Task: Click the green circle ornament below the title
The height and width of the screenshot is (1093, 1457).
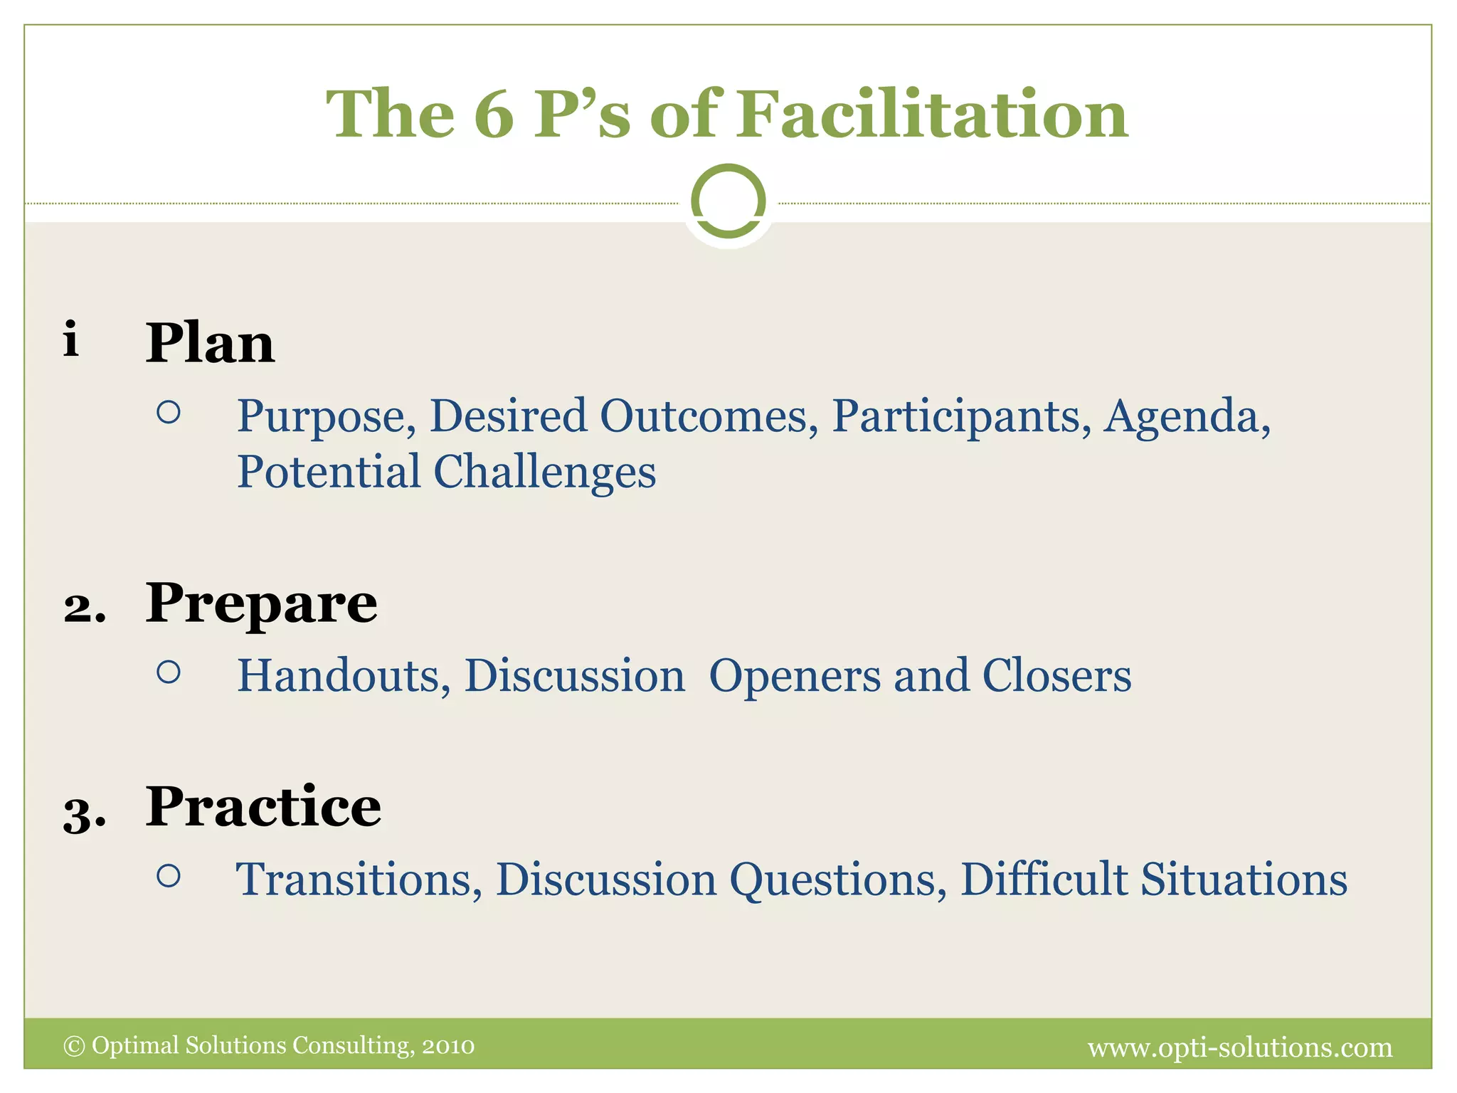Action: coord(728,201)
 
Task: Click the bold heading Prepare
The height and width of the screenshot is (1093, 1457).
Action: coord(261,603)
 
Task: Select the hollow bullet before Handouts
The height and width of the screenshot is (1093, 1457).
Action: coord(169,672)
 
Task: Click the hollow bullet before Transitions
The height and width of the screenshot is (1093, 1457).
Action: coord(169,875)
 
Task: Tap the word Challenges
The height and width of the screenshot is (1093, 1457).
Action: coord(544,472)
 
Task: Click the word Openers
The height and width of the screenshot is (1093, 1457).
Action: coord(795,675)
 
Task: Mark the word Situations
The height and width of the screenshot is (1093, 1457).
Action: coord(1244,880)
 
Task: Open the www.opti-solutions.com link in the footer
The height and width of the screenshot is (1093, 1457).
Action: coord(1240,1047)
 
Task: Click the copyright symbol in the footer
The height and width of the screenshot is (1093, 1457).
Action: coord(74,1046)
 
